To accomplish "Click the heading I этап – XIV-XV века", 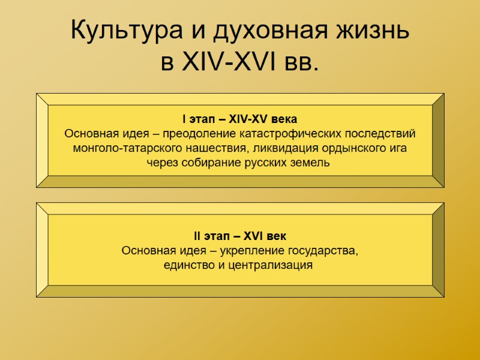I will (x=240, y=118).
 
